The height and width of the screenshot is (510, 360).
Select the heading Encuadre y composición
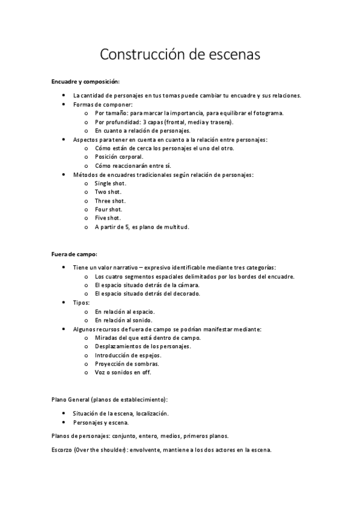85,81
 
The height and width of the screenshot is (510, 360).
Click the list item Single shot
111,183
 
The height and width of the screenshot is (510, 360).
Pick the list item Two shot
108,192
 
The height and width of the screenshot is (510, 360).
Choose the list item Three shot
110,201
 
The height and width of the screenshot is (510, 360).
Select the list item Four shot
109,209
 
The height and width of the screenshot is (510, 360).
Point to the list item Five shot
108,218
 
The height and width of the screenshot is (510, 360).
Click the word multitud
175,227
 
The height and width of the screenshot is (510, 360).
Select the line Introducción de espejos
127,355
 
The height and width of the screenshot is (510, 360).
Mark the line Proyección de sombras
127,364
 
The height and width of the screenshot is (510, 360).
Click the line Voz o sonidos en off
123,372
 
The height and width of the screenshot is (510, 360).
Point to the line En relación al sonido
124,321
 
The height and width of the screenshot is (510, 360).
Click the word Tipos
81,303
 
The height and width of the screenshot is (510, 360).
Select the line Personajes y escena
100,422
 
